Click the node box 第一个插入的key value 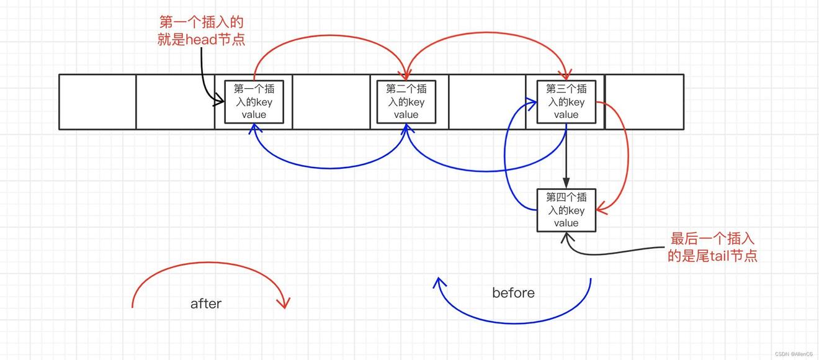point(254,102)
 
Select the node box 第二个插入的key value point(406,102)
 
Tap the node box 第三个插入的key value point(566,102)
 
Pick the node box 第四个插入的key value point(566,210)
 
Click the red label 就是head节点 point(202,40)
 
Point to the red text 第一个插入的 point(202,22)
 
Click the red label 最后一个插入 point(713,239)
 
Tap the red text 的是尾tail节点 point(712,256)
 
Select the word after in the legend point(206,304)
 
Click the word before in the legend point(513,293)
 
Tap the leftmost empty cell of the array point(97,102)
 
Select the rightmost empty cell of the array point(644,102)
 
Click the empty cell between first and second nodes point(331,102)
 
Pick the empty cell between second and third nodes point(486,102)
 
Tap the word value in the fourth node point(566,223)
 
